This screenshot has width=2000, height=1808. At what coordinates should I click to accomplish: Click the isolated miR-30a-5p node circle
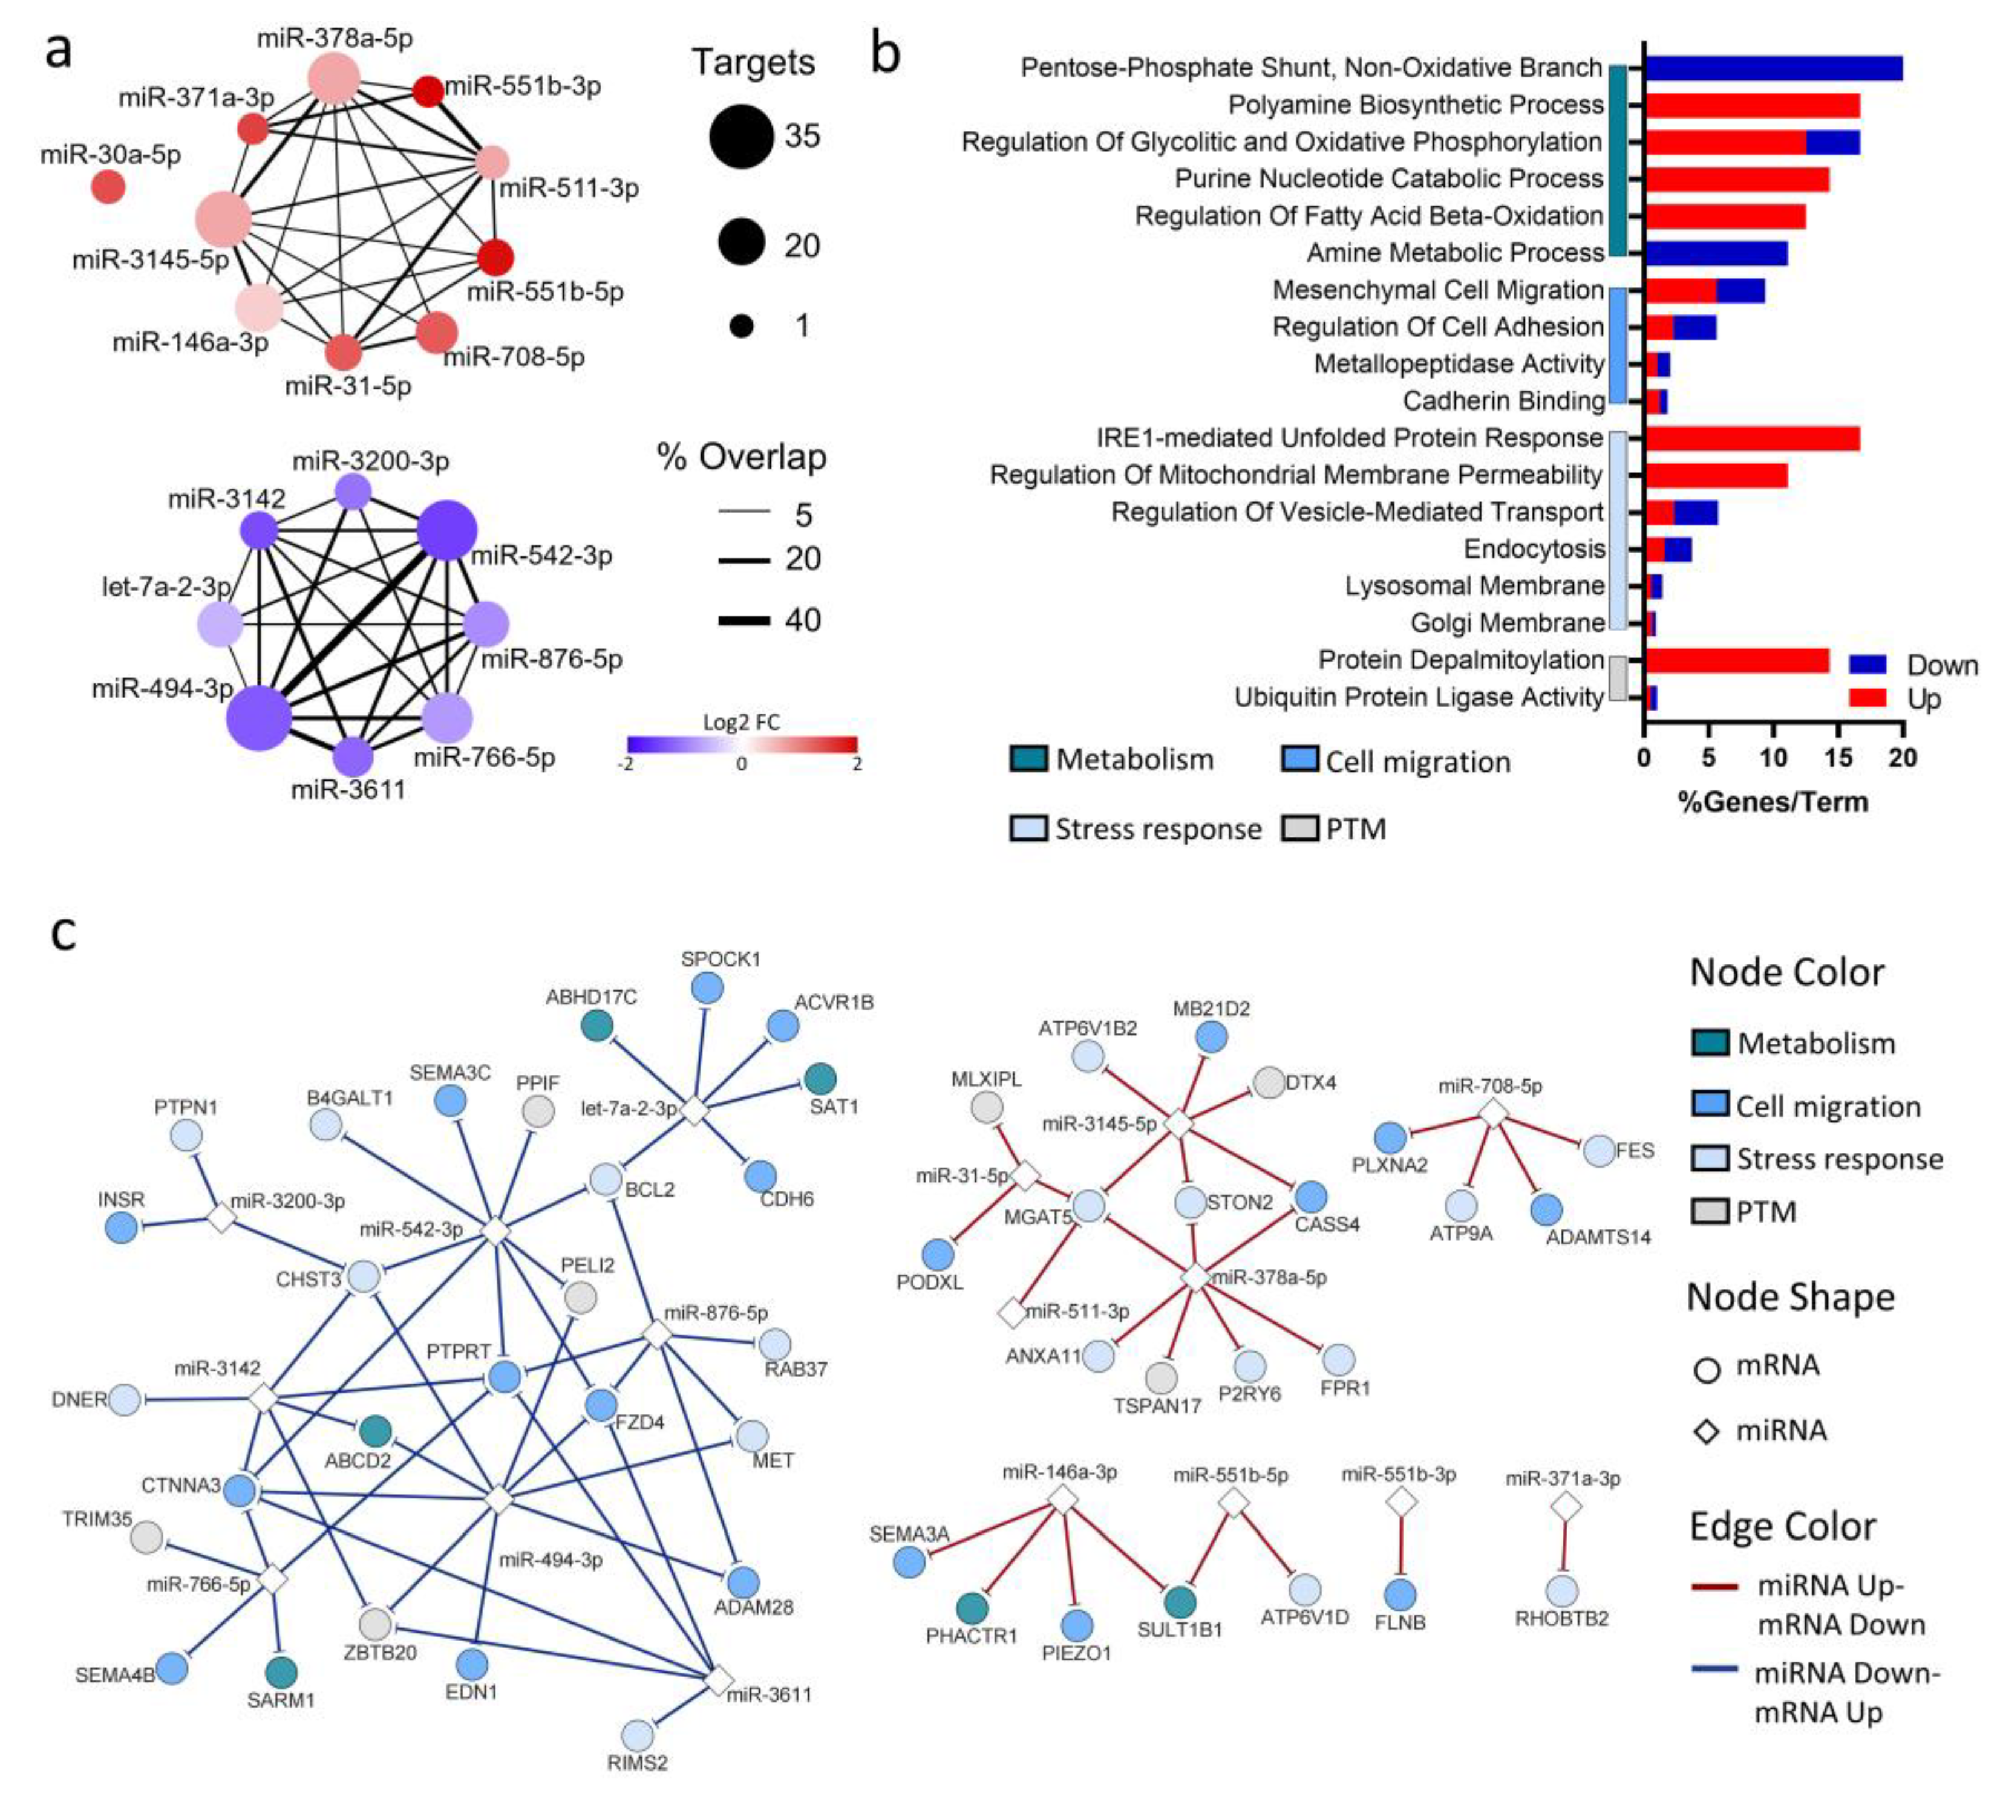[108, 186]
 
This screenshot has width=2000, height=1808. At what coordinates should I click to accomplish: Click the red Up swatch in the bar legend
[1867, 698]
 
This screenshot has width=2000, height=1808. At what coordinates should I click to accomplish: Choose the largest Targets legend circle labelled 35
[741, 136]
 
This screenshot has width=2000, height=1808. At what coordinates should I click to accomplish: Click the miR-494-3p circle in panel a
[259, 717]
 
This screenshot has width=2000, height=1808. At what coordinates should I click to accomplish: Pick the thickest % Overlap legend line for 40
[744, 620]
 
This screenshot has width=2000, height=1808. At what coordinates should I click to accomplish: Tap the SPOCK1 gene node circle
[707, 988]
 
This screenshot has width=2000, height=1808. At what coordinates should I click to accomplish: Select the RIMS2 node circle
[638, 1735]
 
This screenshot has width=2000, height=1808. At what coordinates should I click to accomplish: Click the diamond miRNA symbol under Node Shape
[1707, 1431]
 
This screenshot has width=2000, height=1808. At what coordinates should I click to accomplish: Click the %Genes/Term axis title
[1773, 801]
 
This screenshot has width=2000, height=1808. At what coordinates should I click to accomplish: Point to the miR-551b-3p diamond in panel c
[1400, 1503]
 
